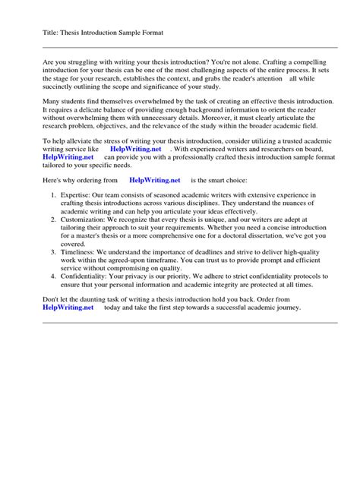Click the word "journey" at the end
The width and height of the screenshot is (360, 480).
click(287, 308)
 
